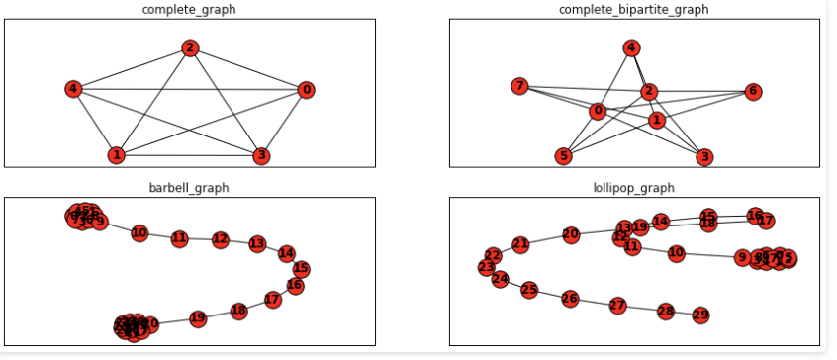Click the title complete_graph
pyautogui.click(x=190, y=10)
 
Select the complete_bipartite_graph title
pyautogui.click(x=634, y=10)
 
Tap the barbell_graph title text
pyautogui.click(x=190, y=187)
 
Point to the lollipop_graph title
pyautogui.click(x=634, y=187)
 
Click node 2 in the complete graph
pyautogui.click(x=190, y=47)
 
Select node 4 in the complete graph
pyautogui.click(x=72, y=89)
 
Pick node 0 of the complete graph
pyautogui.click(x=307, y=90)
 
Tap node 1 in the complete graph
pyautogui.click(x=117, y=155)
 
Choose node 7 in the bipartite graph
pyautogui.click(x=519, y=86)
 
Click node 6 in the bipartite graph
pyautogui.click(x=753, y=91)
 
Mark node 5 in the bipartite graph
pyautogui.click(x=564, y=155)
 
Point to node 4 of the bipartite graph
pyautogui.click(x=631, y=47)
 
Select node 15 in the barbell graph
pyautogui.click(x=302, y=268)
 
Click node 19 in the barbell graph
pyautogui.click(x=198, y=318)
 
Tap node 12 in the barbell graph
pyautogui.click(x=220, y=239)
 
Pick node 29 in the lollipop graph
pyautogui.click(x=700, y=315)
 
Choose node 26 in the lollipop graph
pyautogui.click(x=569, y=298)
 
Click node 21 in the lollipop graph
pyautogui.click(x=520, y=244)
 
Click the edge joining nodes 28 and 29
pyautogui.click(x=683, y=314)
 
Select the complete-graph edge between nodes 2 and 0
pyautogui.click(x=248, y=69)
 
